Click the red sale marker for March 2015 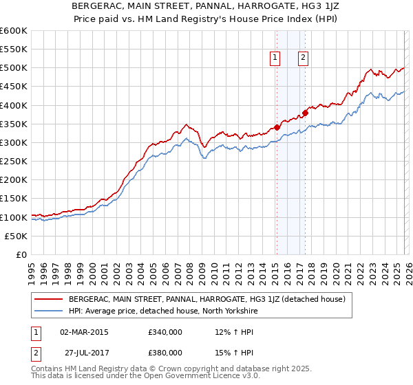pos(277,127)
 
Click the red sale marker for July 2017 pos(305,113)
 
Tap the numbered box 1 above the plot pos(275,58)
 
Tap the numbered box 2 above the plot pos(303,58)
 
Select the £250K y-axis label pos(13,161)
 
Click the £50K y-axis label pos(16,236)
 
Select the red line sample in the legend pos(49,299)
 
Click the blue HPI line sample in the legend pos(49,311)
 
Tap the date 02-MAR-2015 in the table pos(84,331)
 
